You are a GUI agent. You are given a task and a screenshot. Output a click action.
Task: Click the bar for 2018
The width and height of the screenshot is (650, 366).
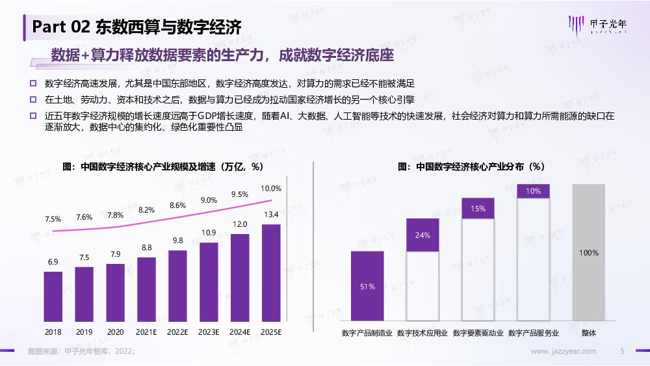tap(53, 296)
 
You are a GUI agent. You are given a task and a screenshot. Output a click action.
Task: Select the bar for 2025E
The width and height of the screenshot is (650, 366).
tap(270, 272)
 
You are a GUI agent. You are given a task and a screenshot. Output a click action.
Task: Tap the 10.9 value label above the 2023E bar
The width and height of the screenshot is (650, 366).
tap(209, 233)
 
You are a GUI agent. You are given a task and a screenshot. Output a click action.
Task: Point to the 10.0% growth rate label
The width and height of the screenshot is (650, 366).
tap(270, 189)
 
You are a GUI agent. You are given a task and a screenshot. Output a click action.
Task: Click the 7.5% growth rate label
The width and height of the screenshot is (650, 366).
tap(53, 219)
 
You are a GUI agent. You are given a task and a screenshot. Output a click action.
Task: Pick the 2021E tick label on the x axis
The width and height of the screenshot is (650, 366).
tap(146, 332)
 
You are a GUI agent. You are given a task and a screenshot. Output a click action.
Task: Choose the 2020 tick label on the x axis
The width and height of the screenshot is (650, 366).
tap(115, 332)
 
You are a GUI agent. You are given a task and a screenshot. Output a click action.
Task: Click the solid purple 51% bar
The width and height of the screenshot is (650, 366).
tap(367, 286)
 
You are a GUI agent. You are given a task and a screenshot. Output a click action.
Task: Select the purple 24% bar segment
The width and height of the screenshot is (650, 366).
tap(422, 235)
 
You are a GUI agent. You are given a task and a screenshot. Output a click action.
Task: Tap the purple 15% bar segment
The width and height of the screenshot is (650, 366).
tap(478, 208)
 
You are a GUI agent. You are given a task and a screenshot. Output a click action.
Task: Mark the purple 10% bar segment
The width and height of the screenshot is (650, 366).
tap(533, 191)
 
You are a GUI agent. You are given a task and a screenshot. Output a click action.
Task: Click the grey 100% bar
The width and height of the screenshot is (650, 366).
tap(589, 252)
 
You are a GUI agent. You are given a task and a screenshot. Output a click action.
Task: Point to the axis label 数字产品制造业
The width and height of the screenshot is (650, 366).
tap(367, 333)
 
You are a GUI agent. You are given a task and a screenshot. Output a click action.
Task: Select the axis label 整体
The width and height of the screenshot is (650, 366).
tap(589, 333)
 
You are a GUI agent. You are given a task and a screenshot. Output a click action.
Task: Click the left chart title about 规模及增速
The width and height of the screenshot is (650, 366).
tap(162, 167)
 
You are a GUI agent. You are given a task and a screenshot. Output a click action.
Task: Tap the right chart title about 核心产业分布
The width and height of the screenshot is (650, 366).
tap(471, 167)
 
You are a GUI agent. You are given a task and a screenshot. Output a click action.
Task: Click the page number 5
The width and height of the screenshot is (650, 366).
tap(622, 352)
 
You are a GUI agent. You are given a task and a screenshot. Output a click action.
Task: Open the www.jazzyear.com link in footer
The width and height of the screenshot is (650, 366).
tap(564, 352)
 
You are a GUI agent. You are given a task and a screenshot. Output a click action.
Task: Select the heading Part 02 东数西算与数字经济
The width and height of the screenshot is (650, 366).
tap(136, 27)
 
